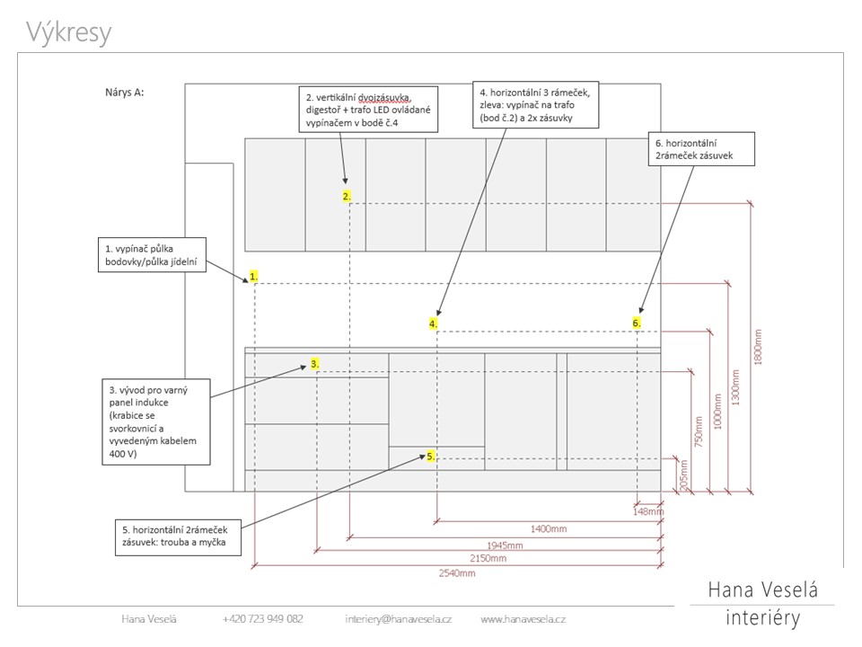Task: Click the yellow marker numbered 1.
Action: (254, 277)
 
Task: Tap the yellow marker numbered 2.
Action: (347, 196)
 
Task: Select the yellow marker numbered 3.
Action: (315, 364)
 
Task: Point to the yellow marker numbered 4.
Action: (434, 323)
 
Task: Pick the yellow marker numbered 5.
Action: (431, 456)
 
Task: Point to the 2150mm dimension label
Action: (489, 558)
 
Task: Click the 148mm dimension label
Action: (647, 512)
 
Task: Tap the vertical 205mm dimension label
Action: (684, 474)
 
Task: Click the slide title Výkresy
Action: (69, 32)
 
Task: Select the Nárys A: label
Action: (124, 92)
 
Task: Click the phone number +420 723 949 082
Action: (262, 619)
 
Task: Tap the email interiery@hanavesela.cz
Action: (398, 619)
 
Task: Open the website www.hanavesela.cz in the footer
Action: (523, 619)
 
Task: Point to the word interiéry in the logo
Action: (762, 619)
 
